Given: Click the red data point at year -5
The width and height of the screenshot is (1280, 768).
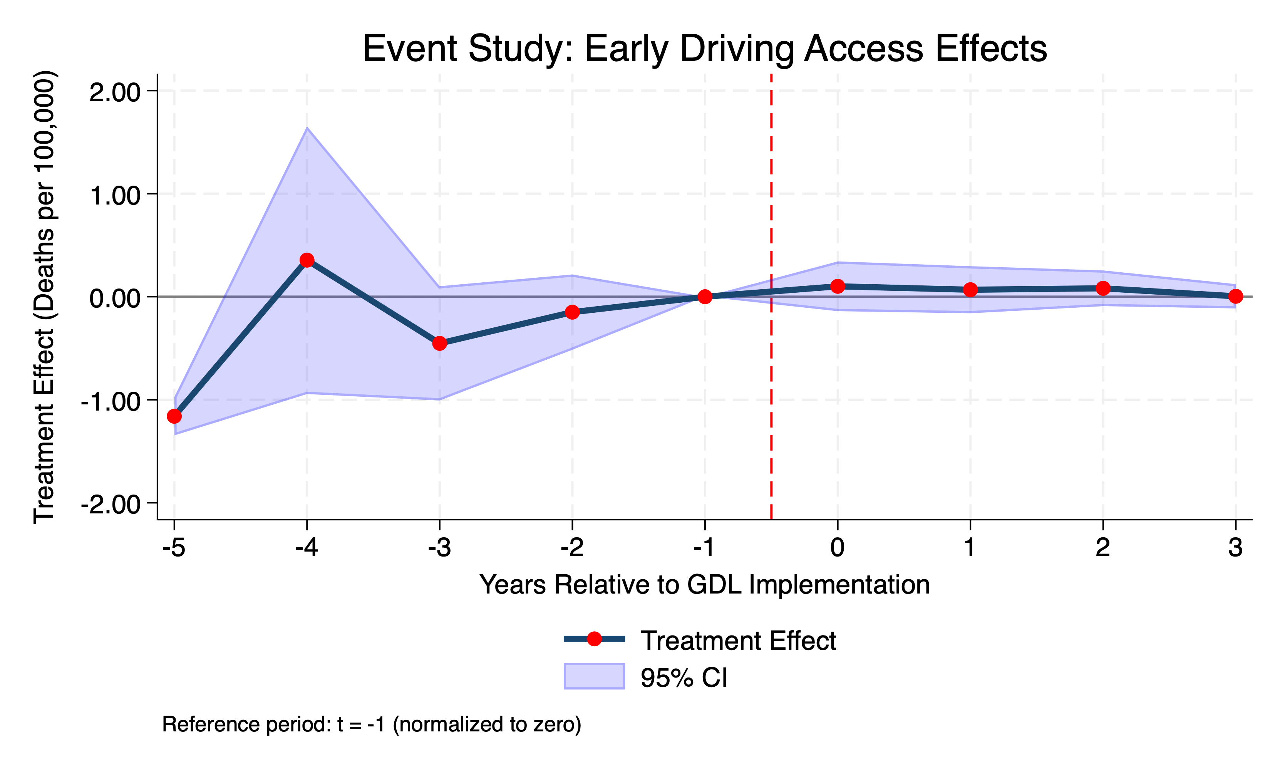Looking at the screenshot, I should pos(174,416).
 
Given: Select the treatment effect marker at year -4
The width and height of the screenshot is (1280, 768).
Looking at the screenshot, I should pos(307,260).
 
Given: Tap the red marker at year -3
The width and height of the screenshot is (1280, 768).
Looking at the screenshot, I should pos(439,343).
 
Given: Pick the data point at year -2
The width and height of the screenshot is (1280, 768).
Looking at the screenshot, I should pos(572,312).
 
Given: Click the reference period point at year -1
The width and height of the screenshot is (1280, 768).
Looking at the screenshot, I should pos(705,297).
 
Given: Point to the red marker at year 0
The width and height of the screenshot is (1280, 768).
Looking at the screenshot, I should pos(838,286).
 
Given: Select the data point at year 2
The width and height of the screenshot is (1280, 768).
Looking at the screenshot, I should pos(1103,288).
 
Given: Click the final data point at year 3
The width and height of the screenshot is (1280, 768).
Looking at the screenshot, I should pos(1235,297).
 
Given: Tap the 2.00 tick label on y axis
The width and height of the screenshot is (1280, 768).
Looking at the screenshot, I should pos(115,93).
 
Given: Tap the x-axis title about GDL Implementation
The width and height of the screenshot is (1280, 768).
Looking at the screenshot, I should pos(705,585).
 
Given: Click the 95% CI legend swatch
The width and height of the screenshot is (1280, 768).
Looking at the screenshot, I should pos(594,676).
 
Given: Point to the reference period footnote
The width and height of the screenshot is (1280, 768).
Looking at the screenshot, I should pos(372,724).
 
